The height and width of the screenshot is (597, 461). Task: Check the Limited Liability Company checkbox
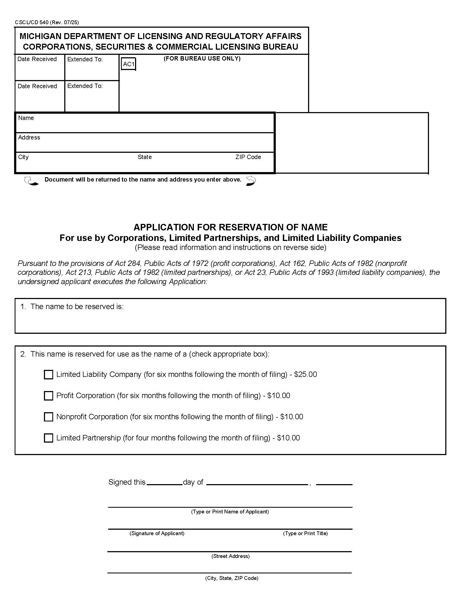tap(48, 374)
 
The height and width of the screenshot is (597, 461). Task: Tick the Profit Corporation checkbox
tap(48, 396)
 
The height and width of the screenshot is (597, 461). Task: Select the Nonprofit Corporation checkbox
tap(48, 417)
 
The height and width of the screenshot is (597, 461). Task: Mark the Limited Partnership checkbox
tap(48, 438)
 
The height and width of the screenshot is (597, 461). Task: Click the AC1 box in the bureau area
tap(128, 64)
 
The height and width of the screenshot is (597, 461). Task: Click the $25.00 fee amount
tap(305, 374)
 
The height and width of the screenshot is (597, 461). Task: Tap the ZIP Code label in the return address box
tap(248, 157)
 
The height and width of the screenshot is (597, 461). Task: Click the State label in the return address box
tap(145, 157)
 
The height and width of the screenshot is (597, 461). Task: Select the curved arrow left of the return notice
tap(31, 181)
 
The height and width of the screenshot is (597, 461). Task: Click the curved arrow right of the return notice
tap(251, 181)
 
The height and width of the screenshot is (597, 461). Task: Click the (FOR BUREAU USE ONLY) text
tap(202, 59)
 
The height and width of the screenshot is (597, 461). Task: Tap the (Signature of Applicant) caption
tap(157, 533)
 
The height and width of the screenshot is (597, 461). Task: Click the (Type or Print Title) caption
tap(305, 533)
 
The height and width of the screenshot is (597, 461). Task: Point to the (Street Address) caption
tap(230, 556)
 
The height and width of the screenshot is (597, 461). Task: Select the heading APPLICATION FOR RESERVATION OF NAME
tap(230, 227)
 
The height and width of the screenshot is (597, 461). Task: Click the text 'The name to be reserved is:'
tap(77, 307)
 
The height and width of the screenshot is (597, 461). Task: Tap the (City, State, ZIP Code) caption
tap(231, 578)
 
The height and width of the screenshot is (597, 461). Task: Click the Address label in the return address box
tap(29, 138)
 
